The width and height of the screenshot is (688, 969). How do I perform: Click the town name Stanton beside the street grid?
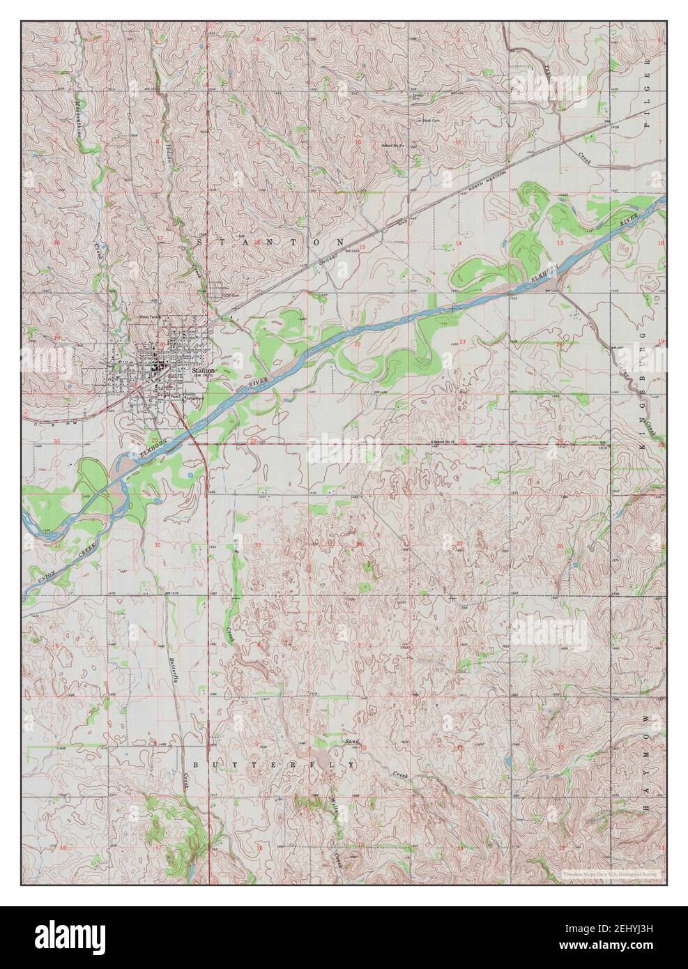pos(204,372)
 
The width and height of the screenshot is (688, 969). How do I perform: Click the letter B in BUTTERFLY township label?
pos(196,764)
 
